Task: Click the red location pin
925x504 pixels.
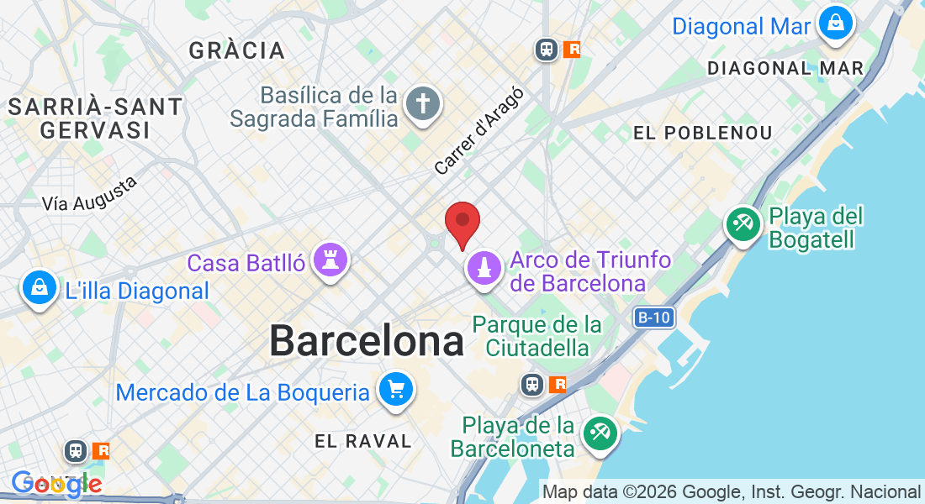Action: [462, 222]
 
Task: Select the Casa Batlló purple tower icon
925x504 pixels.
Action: [330, 260]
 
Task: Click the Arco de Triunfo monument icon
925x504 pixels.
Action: [484, 268]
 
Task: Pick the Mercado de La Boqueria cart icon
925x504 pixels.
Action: [395, 390]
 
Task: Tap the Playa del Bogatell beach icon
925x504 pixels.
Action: [743, 224]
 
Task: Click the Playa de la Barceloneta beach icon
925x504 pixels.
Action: [600, 433]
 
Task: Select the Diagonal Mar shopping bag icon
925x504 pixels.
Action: [836, 24]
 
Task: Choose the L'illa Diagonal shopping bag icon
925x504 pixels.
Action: [39, 288]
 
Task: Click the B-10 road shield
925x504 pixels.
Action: [653, 318]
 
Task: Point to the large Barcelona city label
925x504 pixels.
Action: [367, 342]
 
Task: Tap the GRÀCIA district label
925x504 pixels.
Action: [237, 50]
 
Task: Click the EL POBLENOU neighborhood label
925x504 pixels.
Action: [702, 133]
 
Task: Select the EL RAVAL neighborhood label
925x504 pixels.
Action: [363, 441]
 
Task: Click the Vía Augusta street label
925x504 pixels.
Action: [89, 194]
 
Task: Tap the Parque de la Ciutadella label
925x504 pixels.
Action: [537, 336]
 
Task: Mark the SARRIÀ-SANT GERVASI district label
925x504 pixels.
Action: [95, 118]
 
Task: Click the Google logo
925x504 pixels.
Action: [56, 484]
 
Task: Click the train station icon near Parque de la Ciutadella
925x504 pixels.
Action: [532, 385]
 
